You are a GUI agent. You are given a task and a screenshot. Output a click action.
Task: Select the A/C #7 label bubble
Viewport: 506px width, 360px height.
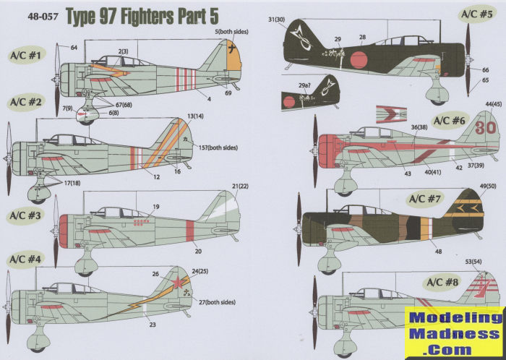tap(428, 199)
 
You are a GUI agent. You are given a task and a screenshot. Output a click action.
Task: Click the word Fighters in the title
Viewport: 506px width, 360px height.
tap(141, 12)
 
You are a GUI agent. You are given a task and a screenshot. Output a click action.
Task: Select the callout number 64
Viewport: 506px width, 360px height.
tap(74, 48)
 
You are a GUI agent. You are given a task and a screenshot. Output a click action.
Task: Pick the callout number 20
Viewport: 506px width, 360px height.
tap(197, 252)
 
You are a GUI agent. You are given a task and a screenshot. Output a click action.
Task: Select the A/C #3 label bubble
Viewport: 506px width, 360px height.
tap(26, 215)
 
